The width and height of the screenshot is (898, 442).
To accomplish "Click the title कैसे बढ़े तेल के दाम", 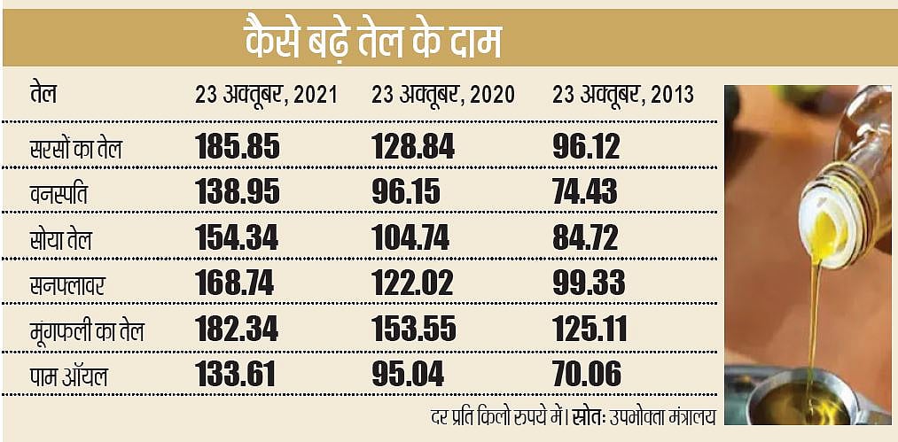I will pyautogui.click(x=373, y=42).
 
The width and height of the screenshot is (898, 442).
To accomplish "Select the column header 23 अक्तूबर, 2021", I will pyautogui.click(x=266, y=95).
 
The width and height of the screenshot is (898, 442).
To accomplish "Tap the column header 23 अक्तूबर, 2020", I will pyautogui.click(x=443, y=95).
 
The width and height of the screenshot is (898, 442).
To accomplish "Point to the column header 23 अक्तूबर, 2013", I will pyautogui.click(x=622, y=95).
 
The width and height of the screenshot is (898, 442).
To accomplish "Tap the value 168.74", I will pyautogui.click(x=236, y=283).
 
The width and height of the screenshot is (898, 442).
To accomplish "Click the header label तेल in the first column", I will pyautogui.click(x=43, y=94).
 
